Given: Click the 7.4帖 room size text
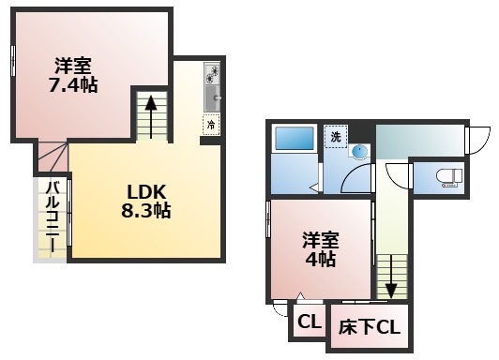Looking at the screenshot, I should point(73,83).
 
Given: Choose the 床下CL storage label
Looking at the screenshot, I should point(370,328).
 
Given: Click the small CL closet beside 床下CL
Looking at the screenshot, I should point(308,323).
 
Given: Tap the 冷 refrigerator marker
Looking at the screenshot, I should point(211,123).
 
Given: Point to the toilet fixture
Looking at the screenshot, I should point(446,175).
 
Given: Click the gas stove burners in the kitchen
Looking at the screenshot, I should point(211,72).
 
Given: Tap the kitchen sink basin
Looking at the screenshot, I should point(212,97).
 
